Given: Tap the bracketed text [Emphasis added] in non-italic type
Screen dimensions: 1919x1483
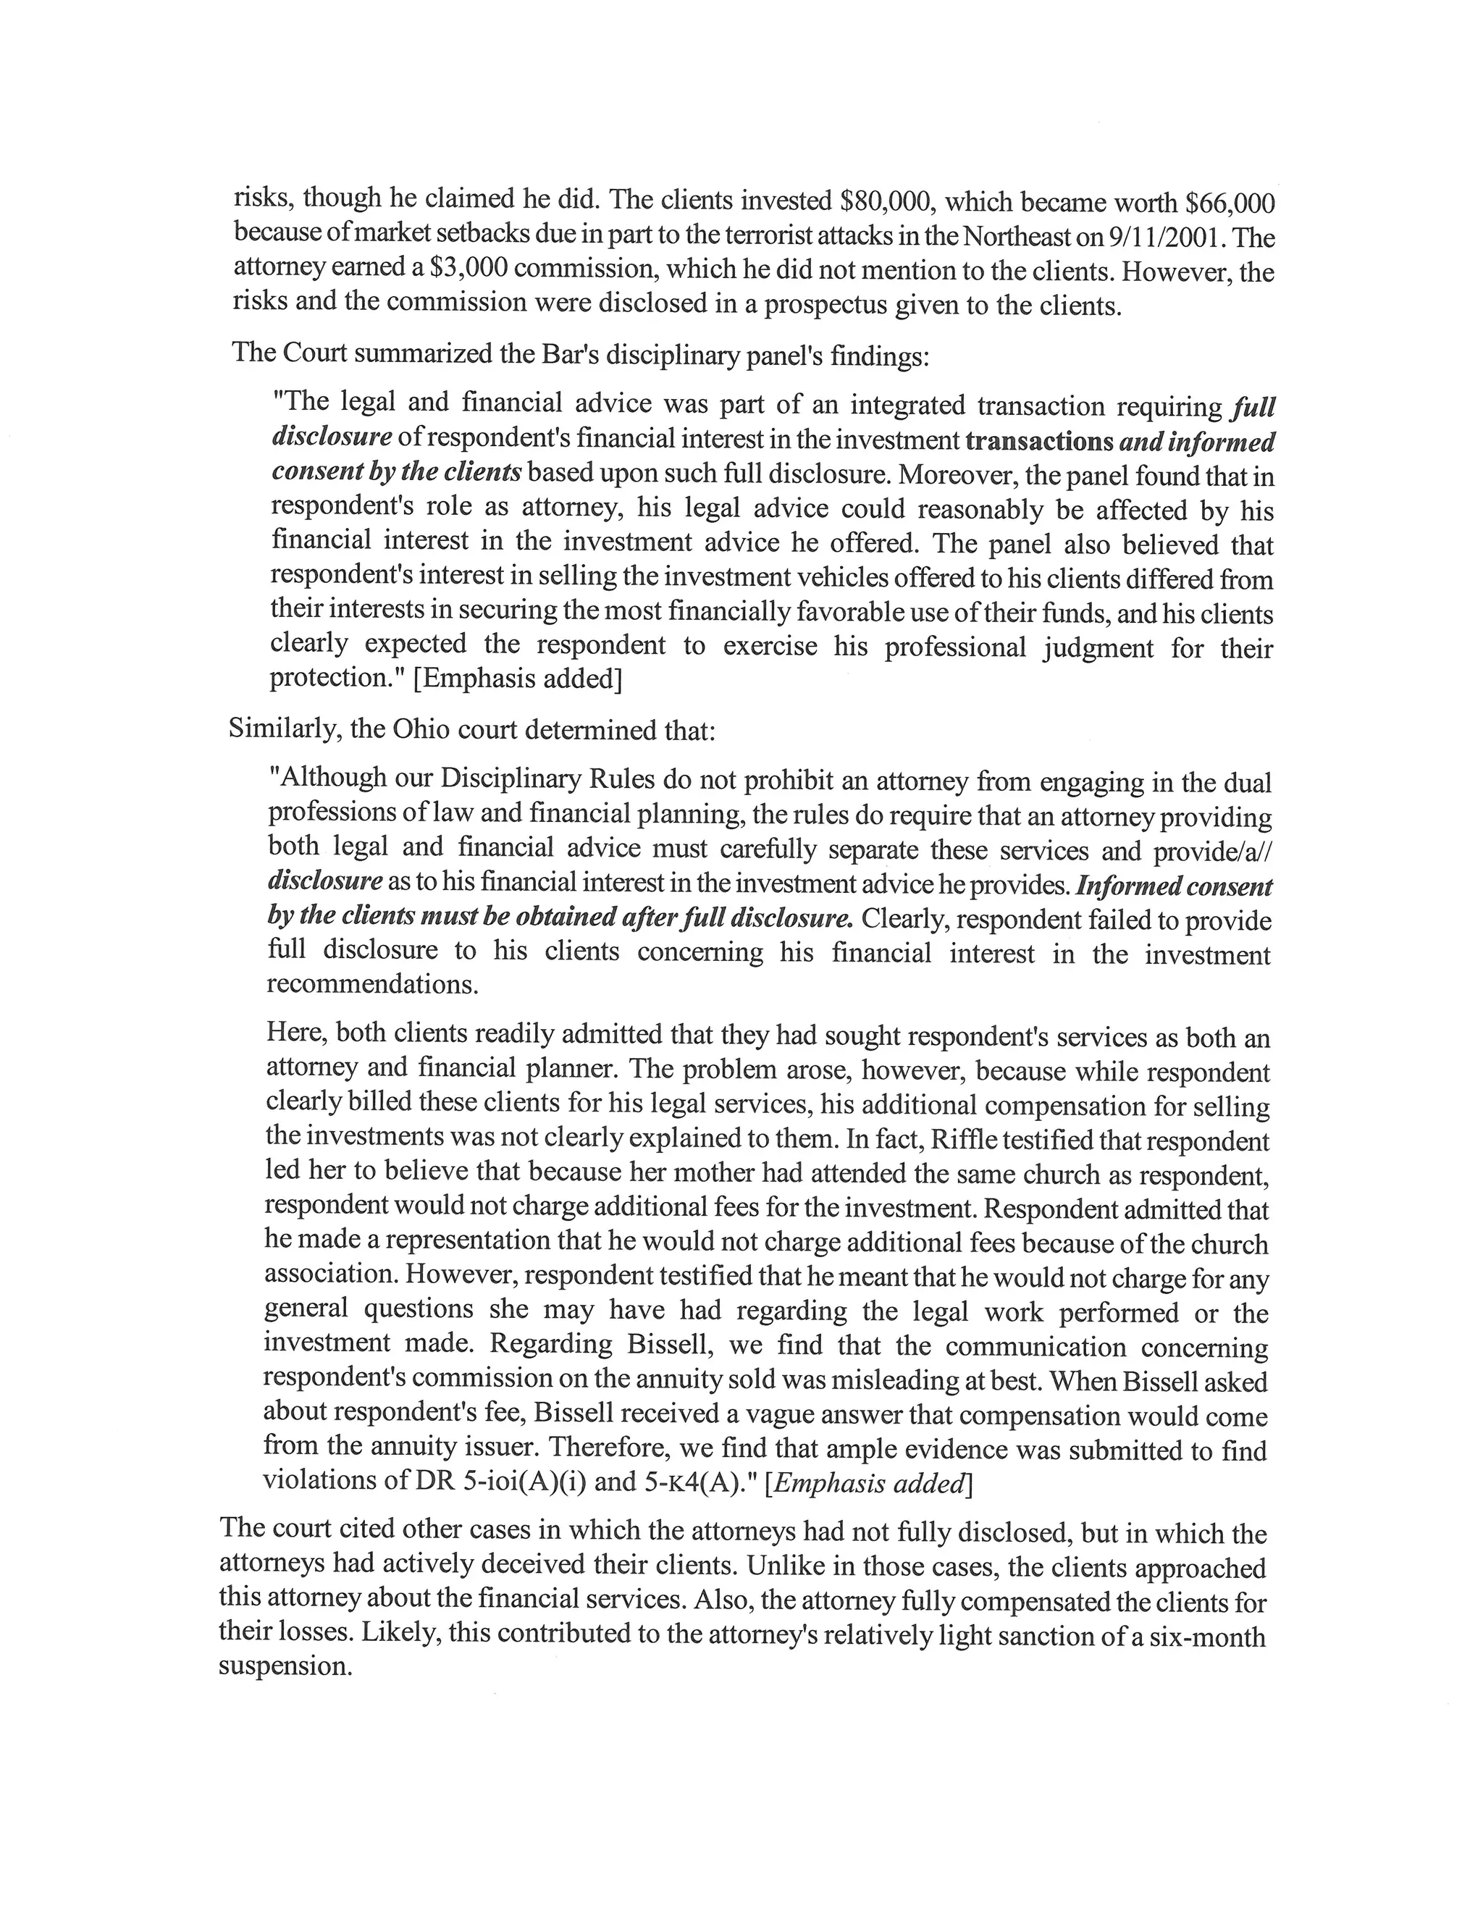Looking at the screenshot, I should tap(518, 680).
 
